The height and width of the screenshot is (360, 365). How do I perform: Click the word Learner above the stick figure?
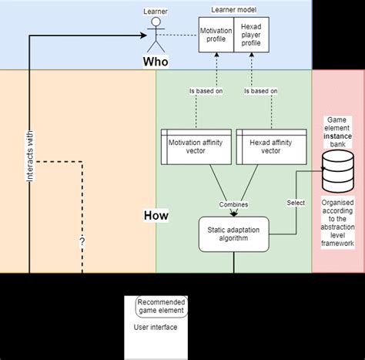(x=156, y=12)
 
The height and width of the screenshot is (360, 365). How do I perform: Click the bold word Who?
(x=156, y=60)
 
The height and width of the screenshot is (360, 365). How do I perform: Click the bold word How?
(x=156, y=216)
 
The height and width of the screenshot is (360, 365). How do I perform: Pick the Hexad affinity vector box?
(x=270, y=146)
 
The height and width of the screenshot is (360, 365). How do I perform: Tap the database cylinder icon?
(x=337, y=171)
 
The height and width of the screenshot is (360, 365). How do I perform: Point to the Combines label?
(x=233, y=205)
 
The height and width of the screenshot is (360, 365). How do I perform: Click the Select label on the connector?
(x=295, y=202)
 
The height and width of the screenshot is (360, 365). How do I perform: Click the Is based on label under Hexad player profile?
(x=261, y=91)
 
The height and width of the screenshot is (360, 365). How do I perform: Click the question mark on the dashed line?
(x=82, y=241)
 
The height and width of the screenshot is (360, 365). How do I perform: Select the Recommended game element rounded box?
(x=161, y=307)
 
